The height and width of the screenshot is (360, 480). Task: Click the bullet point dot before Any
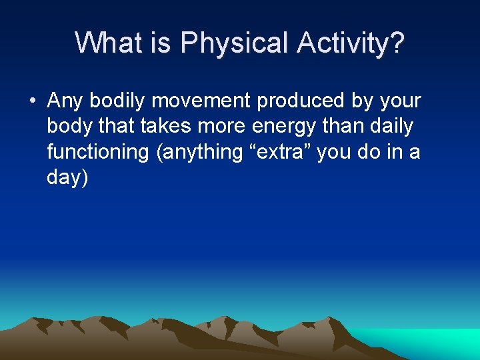click(31, 101)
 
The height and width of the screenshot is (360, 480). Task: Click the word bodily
click(119, 101)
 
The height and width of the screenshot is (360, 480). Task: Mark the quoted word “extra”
click(279, 152)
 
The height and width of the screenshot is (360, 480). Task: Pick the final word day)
click(67, 177)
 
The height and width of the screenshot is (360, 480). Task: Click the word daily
click(389, 127)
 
